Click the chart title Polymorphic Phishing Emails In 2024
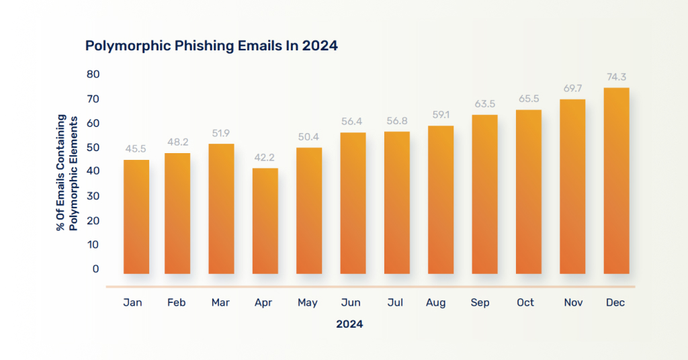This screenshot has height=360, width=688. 211,46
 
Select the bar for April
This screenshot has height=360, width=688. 265,221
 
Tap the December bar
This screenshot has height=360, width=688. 616,181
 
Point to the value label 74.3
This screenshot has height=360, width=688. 617,77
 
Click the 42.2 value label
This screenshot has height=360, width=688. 265,158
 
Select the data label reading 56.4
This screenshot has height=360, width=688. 353,122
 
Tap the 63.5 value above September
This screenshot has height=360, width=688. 484,104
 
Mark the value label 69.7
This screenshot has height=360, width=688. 572,89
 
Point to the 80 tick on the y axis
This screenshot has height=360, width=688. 92,73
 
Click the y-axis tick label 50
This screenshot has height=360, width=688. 92,147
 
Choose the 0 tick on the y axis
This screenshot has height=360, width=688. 95,269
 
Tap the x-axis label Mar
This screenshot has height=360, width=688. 220,303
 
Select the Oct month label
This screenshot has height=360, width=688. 525,303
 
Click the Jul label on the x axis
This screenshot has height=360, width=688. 395,303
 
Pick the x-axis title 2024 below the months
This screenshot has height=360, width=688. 349,324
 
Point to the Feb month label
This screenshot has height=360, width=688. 176,303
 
